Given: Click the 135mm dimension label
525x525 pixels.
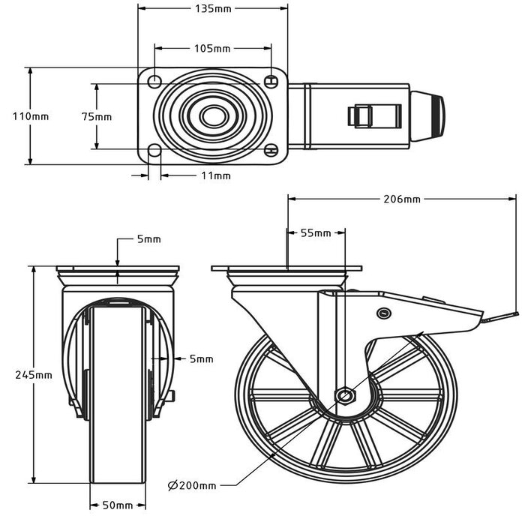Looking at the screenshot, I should (212, 9).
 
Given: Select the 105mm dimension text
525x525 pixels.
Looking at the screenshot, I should (212, 49).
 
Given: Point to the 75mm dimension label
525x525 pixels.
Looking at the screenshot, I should (97, 116).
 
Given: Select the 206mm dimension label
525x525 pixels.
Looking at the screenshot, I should (402, 199).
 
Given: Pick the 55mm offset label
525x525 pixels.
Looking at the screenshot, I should (316, 233).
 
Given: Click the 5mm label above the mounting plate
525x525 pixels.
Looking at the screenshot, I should (148, 239).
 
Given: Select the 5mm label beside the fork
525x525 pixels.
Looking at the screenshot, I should (201, 359).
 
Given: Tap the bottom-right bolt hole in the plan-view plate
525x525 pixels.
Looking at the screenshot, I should (271, 151).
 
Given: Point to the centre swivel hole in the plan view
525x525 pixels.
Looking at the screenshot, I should (212, 116).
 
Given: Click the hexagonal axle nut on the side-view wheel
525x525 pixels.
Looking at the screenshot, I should (344, 394).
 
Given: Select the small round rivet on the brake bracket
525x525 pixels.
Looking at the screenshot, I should (385, 313).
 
